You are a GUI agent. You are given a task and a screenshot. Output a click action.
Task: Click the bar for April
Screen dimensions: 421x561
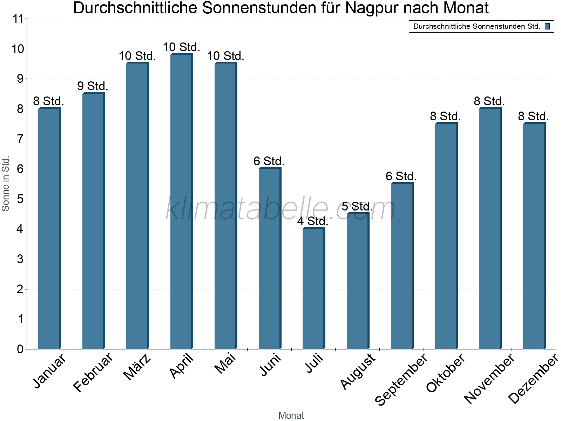tap(181, 201)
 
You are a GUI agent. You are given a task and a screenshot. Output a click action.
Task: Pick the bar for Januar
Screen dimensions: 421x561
tap(49, 228)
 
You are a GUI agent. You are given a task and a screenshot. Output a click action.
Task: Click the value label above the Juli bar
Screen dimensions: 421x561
tap(313, 221)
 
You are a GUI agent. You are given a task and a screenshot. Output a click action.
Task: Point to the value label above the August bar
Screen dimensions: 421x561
tap(357, 206)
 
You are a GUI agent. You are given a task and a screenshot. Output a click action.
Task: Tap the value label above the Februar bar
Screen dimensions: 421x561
tap(93, 86)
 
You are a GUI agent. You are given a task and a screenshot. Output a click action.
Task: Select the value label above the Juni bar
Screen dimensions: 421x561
tap(269, 161)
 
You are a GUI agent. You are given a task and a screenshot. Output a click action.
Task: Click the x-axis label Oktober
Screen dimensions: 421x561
tap(445, 373)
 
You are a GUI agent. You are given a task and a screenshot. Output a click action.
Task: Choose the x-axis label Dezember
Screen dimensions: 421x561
tap(533, 379)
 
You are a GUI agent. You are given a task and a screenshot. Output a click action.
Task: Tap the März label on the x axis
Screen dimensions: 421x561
tap(137, 367)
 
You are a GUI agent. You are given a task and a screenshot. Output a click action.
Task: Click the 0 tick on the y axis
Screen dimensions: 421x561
tap(20, 349)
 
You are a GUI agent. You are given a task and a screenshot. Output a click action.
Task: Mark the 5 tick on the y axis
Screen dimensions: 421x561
tap(20, 199)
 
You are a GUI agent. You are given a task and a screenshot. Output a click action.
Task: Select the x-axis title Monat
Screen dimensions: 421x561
tap(291, 415)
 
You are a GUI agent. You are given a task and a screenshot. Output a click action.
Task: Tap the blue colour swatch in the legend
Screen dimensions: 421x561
tap(547, 26)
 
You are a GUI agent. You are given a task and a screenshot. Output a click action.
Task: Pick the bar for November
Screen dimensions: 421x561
tap(490, 228)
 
